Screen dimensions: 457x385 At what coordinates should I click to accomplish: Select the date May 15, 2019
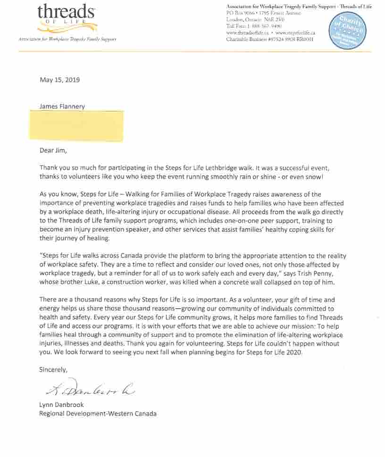coord(59,80)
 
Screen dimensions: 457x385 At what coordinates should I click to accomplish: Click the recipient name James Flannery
coord(62,106)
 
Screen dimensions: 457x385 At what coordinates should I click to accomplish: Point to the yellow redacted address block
coord(76,125)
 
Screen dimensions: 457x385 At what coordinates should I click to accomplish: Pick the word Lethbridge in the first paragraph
coord(242,167)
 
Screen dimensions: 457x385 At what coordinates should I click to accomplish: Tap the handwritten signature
coord(90,389)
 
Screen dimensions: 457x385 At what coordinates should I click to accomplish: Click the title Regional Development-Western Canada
coord(98,414)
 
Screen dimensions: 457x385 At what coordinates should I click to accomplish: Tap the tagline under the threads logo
coord(67,39)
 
